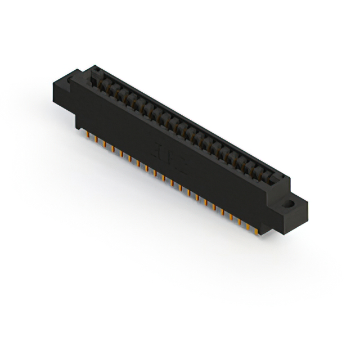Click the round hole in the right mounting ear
click(x=292, y=203)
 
